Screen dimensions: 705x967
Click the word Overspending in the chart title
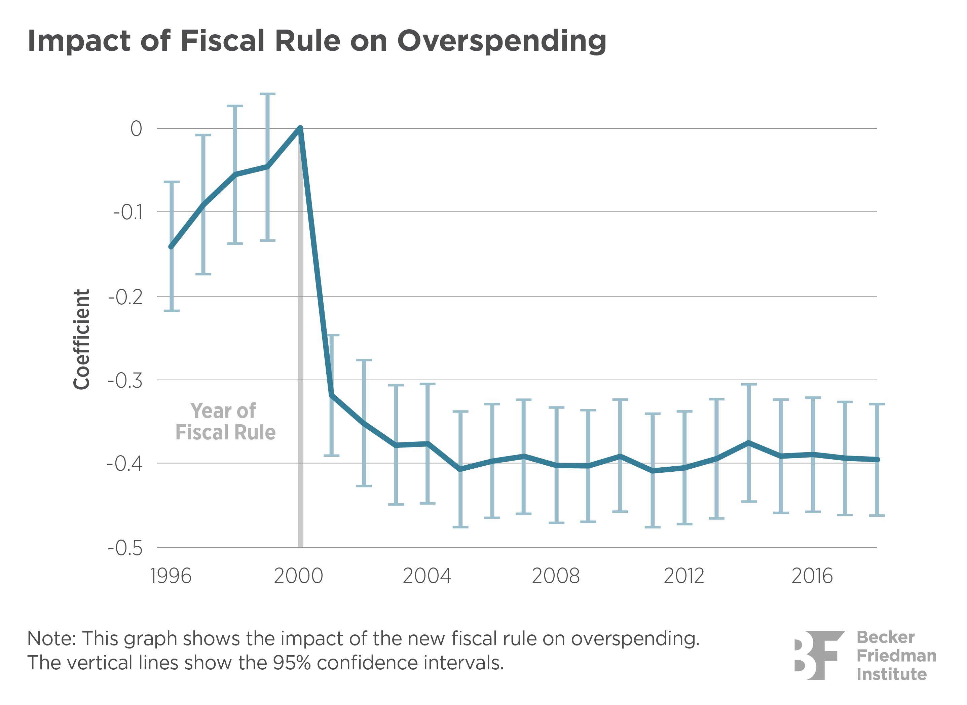pos(501,42)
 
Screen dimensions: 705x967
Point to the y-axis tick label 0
pos(136,128)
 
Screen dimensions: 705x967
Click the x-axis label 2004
pos(426,576)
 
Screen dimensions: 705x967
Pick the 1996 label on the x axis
pos(171,576)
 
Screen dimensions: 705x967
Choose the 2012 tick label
pos(683,576)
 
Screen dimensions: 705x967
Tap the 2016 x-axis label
pos(812,576)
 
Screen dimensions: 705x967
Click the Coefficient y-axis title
pos(81,339)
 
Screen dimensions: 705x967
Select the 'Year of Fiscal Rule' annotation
pos(225,422)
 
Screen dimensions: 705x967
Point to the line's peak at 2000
pos(300,128)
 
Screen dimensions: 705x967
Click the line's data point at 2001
pos(332,395)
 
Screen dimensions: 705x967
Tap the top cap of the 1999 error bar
pos(268,94)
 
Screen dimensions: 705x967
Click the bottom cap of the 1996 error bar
pos(171,311)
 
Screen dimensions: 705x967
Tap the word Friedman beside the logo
pos(896,656)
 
